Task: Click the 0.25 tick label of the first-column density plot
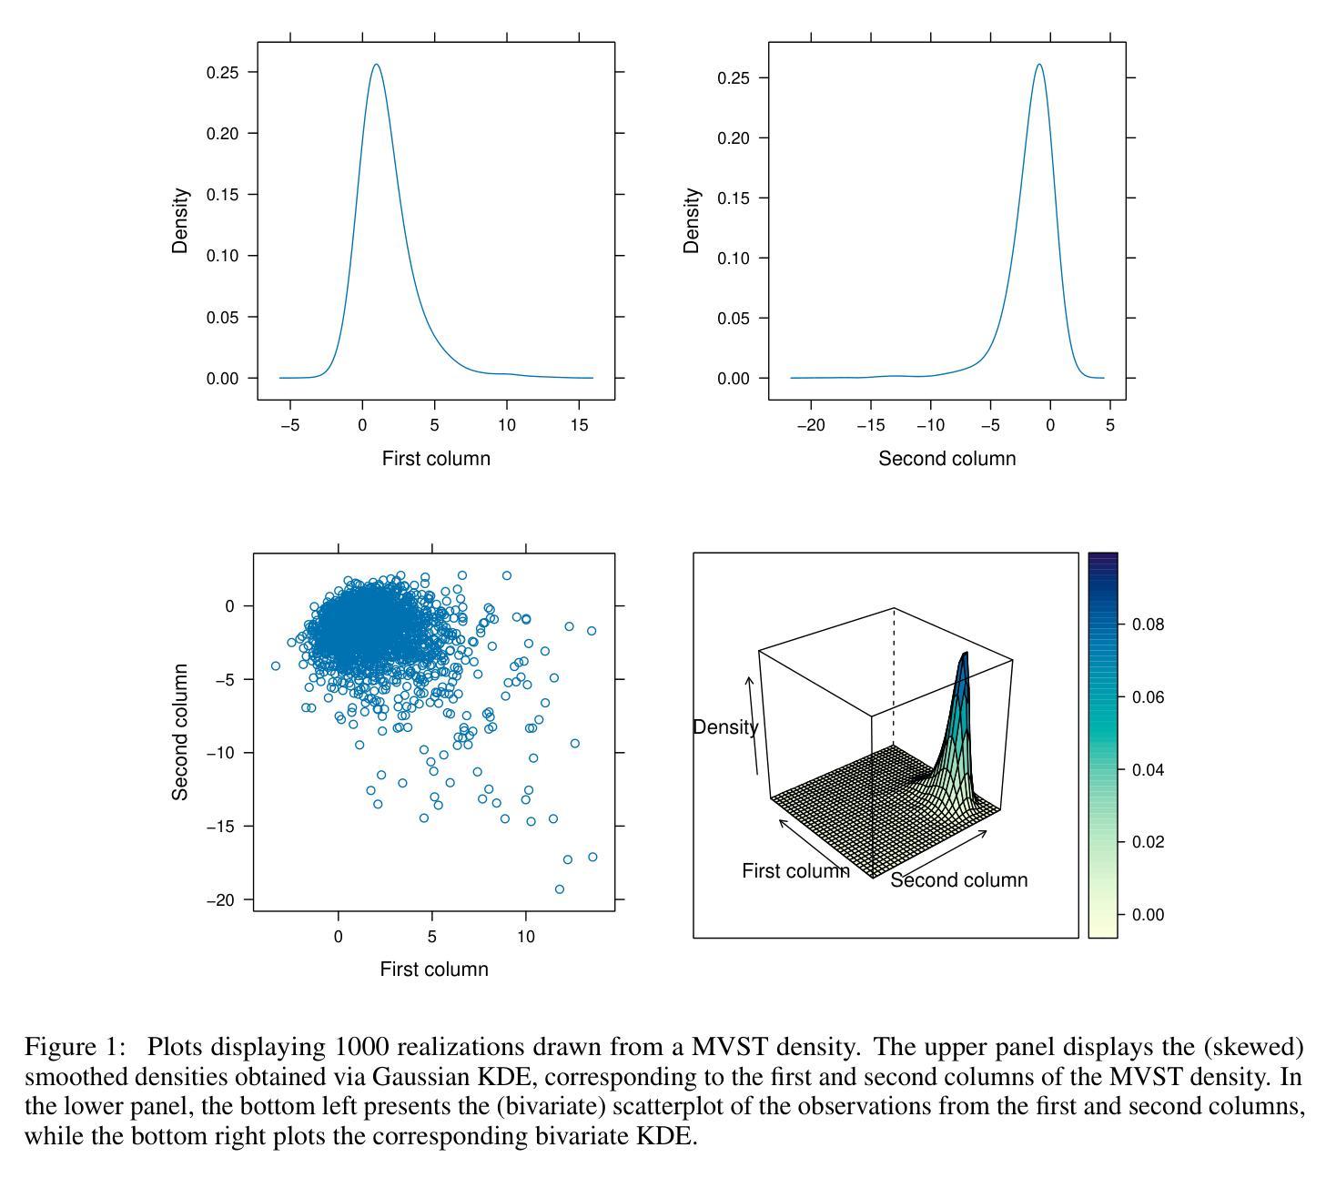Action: click(x=223, y=73)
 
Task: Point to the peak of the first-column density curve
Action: click(x=375, y=65)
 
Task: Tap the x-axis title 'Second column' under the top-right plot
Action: click(x=946, y=459)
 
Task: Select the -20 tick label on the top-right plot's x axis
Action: click(x=810, y=425)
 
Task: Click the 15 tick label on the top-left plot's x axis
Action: click(x=579, y=425)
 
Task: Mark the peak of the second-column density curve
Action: click(x=1038, y=65)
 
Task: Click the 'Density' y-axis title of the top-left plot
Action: click(x=180, y=220)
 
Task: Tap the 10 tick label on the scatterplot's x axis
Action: click(x=525, y=937)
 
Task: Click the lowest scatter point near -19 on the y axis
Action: click(x=559, y=889)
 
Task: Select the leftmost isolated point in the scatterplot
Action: click(x=276, y=665)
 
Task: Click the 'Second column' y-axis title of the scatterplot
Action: click(x=180, y=732)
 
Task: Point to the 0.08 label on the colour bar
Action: click(x=1148, y=625)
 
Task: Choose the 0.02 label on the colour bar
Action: click(x=1148, y=842)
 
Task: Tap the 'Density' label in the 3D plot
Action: click(x=724, y=727)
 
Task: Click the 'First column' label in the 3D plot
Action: click(x=795, y=871)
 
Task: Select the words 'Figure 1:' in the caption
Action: click(x=75, y=1047)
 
